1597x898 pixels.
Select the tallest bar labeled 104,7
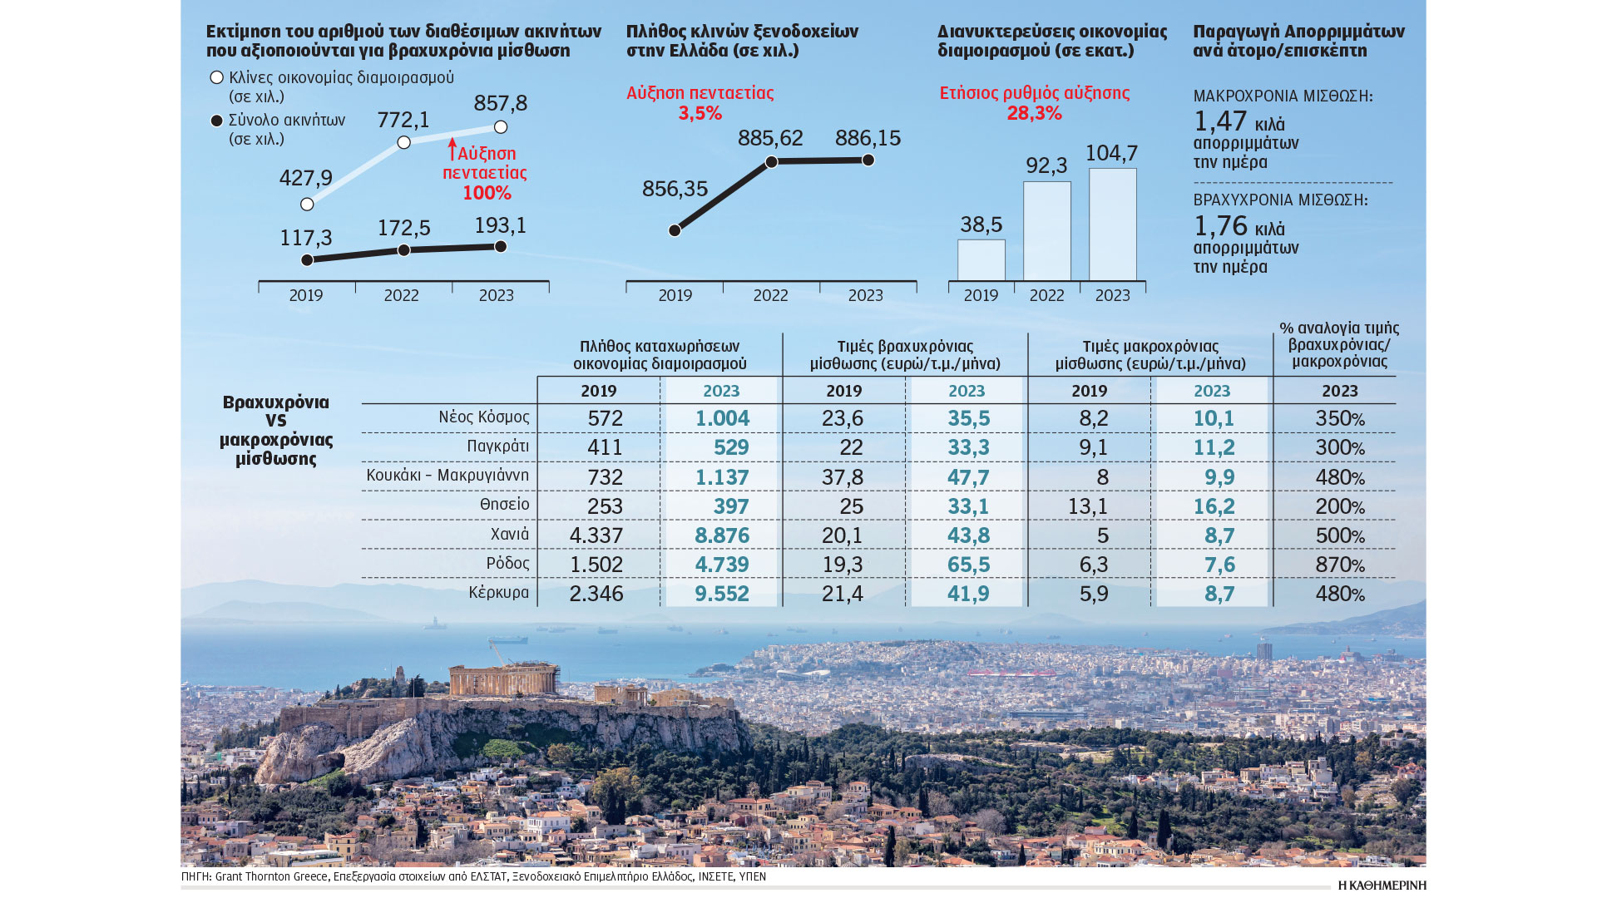click(1112, 224)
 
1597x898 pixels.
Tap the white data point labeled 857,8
click(501, 127)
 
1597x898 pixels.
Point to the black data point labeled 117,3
click(307, 260)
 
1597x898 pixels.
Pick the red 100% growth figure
click(487, 193)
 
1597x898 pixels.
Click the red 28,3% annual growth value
click(1034, 113)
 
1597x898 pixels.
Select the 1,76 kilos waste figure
click(1220, 226)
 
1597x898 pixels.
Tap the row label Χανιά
click(509, 534)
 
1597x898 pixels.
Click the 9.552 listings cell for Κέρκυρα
click(721, 594)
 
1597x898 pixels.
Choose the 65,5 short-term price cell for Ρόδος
click(968, 565)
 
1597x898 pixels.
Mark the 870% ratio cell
click(1339, 565)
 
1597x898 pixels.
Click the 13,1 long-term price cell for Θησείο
click(1093, 506)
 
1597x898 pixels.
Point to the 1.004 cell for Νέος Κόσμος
click(722, 418)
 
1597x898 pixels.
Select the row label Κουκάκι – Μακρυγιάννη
click(447, 476)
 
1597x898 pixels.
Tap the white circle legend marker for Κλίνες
click(217, 77)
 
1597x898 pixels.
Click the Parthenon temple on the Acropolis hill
click(492, 680)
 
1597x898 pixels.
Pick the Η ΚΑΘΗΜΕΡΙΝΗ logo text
click(1382, 886)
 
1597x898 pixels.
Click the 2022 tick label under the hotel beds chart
click(770, 295)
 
